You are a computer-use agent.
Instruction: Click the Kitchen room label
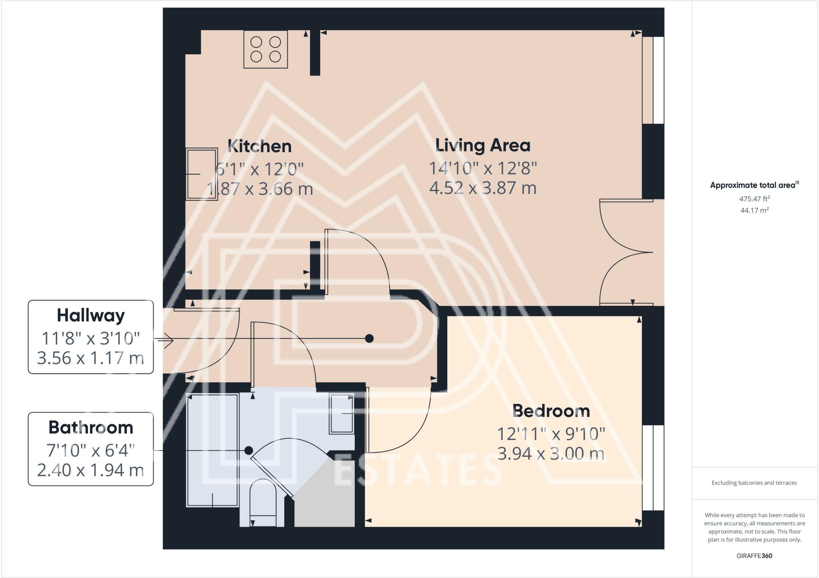tap(260, 146)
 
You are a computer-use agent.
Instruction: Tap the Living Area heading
tap(483, 145)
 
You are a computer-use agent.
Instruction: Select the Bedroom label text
tap(551, 411)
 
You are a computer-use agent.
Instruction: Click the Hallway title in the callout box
tap(91, 315)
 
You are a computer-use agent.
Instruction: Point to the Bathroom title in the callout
tap(91, 428)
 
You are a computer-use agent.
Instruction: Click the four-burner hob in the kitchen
tap(266, 49)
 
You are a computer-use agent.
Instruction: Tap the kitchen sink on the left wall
tap(202, 174)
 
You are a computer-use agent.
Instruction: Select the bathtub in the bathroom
tap(213, 450)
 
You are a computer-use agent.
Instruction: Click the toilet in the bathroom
tap(263, 502)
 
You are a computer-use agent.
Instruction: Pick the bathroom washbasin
tap(342, 413)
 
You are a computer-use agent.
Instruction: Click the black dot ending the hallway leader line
tap(370, 339)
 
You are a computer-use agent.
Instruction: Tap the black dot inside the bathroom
tap(249, 450)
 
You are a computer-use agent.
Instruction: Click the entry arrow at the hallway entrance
tap(166, 341)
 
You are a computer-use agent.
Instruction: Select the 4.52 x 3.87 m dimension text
tap(483, 188)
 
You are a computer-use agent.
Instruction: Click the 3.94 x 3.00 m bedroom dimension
tap(551, 454)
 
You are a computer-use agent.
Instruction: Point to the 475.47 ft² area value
tap(754, 198)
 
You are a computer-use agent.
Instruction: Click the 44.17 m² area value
tap(754, 210)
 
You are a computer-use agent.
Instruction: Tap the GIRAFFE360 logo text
tap(754, 556)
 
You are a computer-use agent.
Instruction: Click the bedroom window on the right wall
tap(653, 468)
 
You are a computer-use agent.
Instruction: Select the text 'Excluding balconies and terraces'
tap(754, 483)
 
